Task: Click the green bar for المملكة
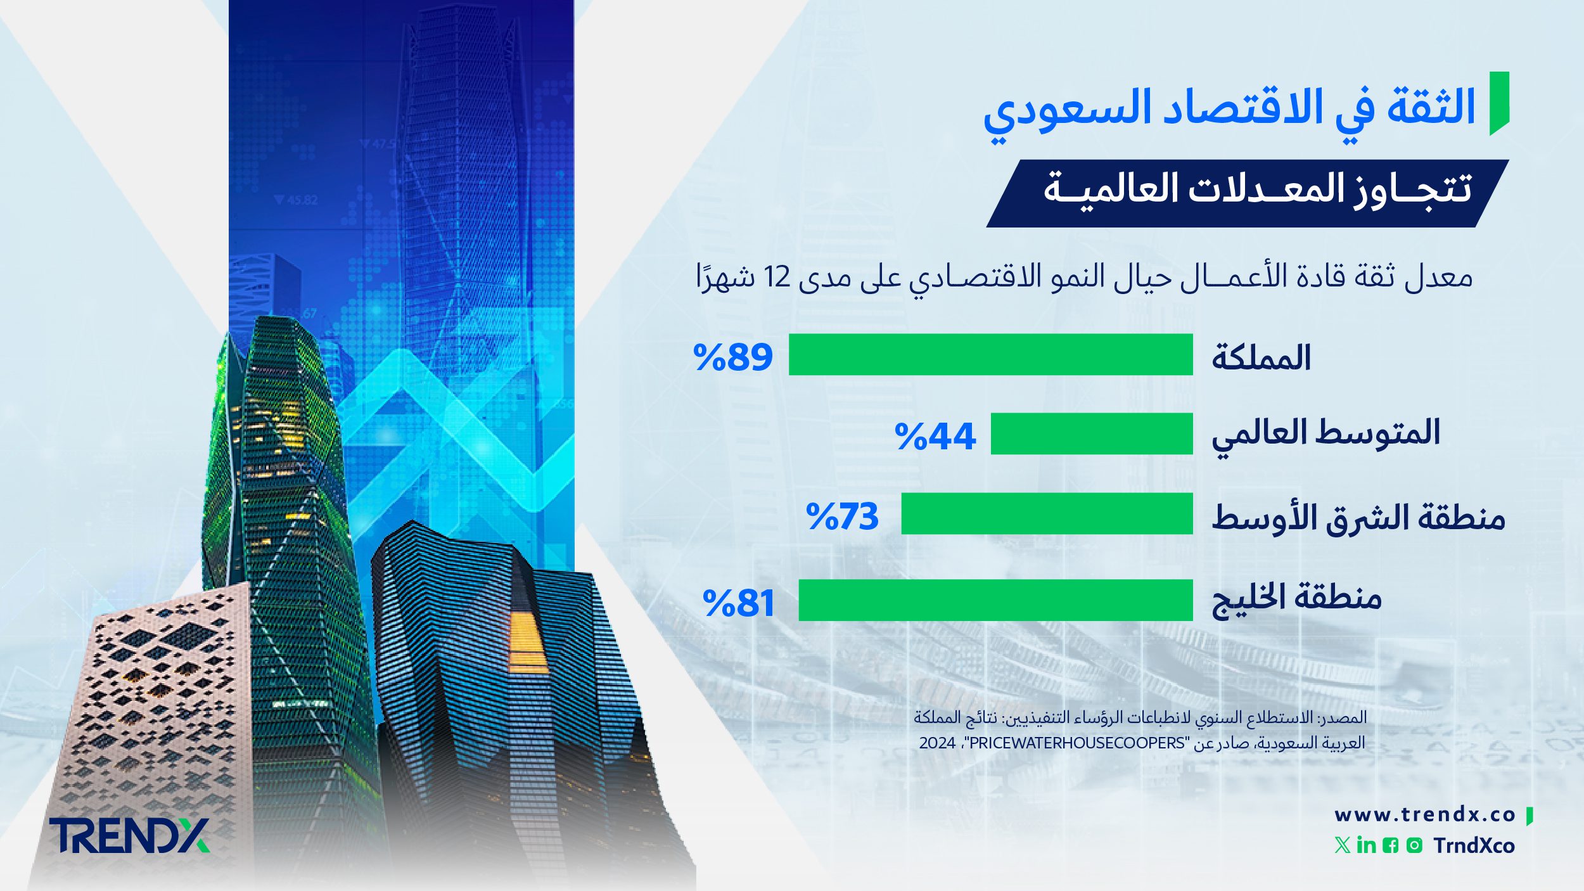pyautogui.click(x=990, y=355)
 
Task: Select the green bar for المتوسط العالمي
pyautogui.click(x=1092, y=433)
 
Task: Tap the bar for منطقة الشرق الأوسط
pyautogui.click(x=1047, y=513)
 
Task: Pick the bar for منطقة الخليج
pyautogui.click(x=995, y=600)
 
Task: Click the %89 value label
pyautogui.click(x=733, y=357)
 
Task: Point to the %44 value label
pyautogui.click(x=935, y=436)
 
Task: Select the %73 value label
pyautogui.click(x=842, y=516)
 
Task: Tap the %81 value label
pyautogui.click(x=739, y=603)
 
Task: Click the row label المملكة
pyautogui.click(x=1261, y=357)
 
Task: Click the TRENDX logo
pyautogui.click(x=129, y=835)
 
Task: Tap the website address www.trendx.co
pyautogui.click(x=1425, y=814)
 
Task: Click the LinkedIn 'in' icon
pyautogui.click(x=1366, y=845)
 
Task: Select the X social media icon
pyautogui.click(x=1342, y=845)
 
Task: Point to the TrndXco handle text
pyautogui.click(x=1474, y=845)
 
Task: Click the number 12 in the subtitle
pyautogui.click(x=776, y=277)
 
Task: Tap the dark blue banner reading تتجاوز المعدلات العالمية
pyautogui.click(x=1246, y=193)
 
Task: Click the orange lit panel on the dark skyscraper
pyautogui.click(x=527, y=640)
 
